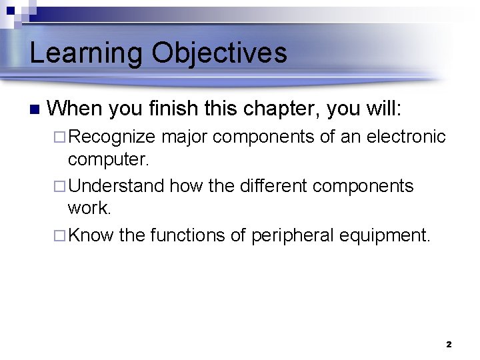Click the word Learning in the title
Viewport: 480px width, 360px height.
86,53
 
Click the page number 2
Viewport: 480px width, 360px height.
448,345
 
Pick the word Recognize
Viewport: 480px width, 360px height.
112,137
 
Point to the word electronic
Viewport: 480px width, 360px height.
405,137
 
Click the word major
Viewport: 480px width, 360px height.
185,137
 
